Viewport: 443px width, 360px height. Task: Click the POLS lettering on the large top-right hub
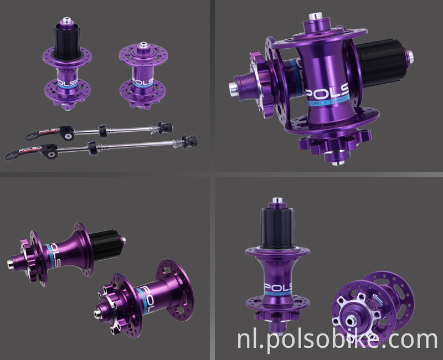click(x=327, y=92)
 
